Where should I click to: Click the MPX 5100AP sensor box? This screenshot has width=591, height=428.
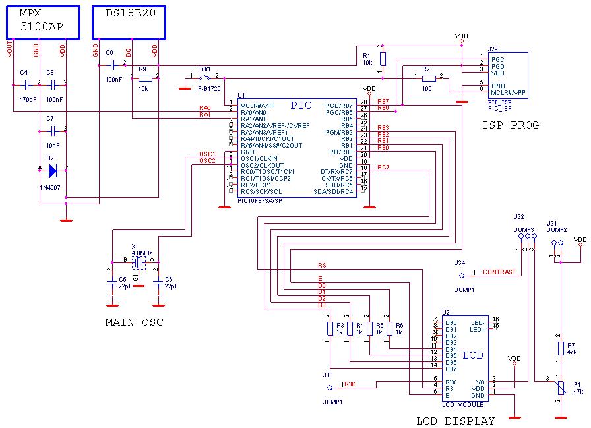point(44,22)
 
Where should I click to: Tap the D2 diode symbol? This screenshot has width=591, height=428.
point(53,169)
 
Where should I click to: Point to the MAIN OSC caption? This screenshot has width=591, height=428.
point(134,322)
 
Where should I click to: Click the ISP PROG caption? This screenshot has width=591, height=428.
point(510,125)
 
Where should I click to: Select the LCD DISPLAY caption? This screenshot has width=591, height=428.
point(455,421)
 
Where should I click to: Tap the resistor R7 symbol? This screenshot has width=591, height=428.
point(561,348)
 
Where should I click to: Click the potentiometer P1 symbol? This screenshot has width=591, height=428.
point(561,388)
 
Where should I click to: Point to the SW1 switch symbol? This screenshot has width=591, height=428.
point(204,77)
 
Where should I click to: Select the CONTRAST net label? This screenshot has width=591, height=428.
point(499,272)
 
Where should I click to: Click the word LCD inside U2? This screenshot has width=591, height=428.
point(472,355)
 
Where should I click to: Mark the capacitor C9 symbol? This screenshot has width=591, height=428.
point(111,64)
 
